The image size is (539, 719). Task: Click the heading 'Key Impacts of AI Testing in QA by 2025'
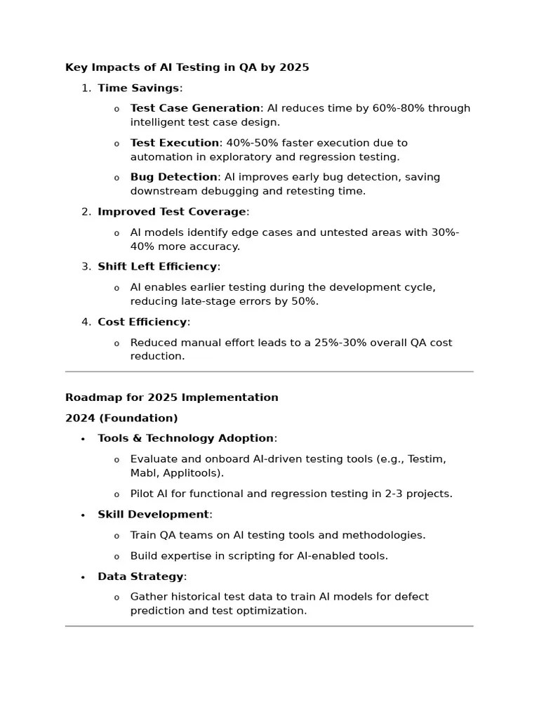pyautogui.click(x=187, y=67)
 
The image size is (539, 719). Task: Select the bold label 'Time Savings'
pyautogui.click(x=138, y=88)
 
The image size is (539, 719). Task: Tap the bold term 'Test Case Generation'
pyautogui.click(x=195, y=108)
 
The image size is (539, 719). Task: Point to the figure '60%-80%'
pyautogui.click(x=398, y=108)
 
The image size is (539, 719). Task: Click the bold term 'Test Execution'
pyautogui.click(x=175, y=143)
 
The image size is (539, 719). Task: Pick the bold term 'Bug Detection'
pyautogui.click(x=173, y=177)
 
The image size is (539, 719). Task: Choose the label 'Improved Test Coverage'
pyautogui.click(x=172, y=211)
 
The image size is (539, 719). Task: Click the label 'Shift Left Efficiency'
pyautogui.click(x=157, y=266)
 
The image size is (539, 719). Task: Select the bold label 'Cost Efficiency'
pyautogui.click(x=142, y=322)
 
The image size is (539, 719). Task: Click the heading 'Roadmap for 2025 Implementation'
pyautogui.click(x=172, y=397)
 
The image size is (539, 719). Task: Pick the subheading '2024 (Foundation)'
pyautogui.click(x=121, y=418)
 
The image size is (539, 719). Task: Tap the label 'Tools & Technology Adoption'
pyautogui.click(x=185, y=438)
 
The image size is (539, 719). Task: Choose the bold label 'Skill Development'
pyautogui.click(x=153, y=514)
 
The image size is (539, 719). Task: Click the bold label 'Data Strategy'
pyautogui.click(x=140, y=576)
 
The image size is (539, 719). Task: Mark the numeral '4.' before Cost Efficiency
pyautogui.click(x=86, y=322)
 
